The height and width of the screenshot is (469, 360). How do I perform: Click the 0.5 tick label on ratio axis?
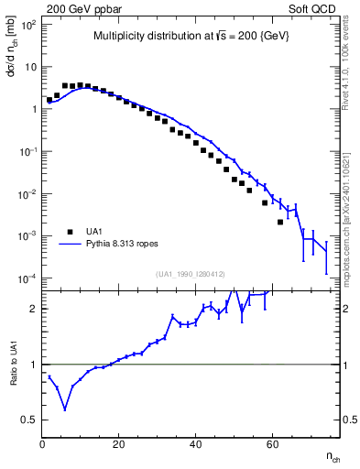30,420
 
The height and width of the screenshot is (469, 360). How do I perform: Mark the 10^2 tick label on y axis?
27,25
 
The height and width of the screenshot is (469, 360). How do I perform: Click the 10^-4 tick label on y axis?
27,278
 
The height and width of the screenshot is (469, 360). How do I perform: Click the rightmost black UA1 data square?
280,222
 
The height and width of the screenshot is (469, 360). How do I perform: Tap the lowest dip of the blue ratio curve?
65,409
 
